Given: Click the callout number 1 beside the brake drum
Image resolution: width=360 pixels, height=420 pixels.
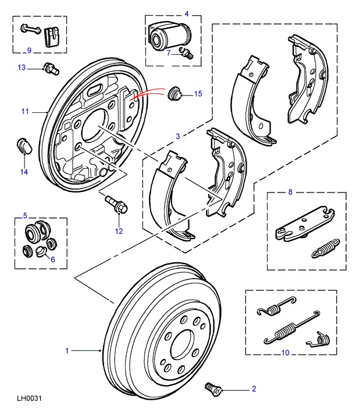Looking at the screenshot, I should pos(67,350).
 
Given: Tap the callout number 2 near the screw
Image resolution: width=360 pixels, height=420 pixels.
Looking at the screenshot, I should pos(254,389).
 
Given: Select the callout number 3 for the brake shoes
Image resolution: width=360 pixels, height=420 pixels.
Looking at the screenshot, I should pos(179,136).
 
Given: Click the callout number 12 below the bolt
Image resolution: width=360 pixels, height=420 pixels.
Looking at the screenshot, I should pos(120,231).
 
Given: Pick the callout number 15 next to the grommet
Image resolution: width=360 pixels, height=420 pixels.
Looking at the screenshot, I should pos(198,94).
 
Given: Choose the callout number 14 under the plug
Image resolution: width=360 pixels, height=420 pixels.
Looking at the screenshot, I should pos(24,172).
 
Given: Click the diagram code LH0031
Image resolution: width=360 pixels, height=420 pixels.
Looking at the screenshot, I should pos(29,399).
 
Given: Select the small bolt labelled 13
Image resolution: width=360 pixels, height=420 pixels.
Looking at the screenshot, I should pos(51,69).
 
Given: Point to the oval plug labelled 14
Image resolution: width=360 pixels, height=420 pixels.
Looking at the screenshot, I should pos(24,144).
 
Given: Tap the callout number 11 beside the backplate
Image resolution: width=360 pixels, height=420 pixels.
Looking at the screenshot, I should pos(25,111).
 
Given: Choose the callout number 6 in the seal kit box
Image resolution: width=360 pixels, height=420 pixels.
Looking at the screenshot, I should pos(53,259).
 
